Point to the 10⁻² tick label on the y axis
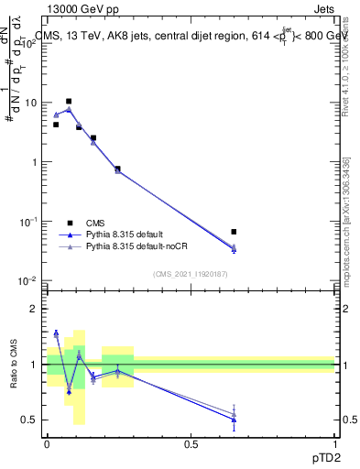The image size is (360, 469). click(x=29, y=280)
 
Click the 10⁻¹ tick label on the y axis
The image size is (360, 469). click(x=29, y=222)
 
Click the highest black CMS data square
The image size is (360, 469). click(x=69, y=102)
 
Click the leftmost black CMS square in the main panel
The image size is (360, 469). click(x=56, y=125)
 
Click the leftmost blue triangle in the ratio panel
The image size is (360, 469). click(x=56, y=333)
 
